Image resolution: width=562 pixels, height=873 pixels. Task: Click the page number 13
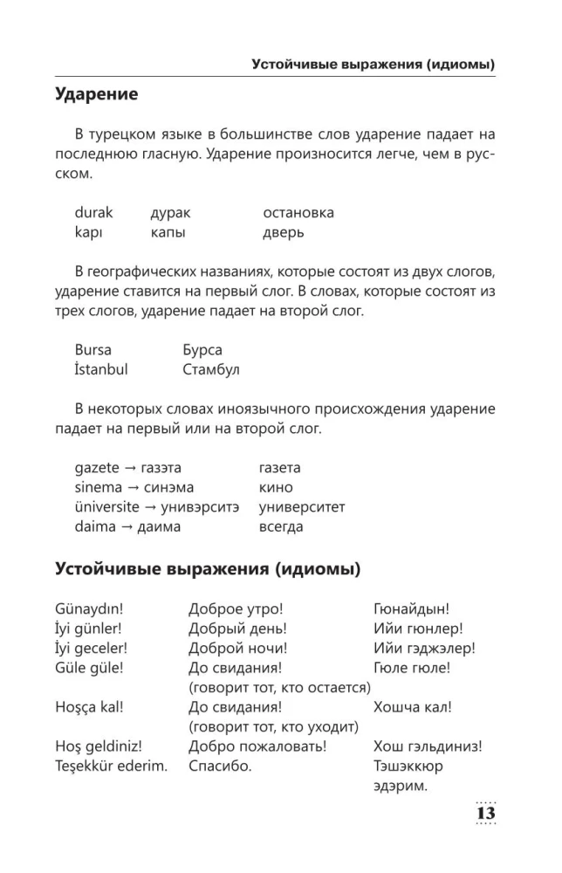(484, 812)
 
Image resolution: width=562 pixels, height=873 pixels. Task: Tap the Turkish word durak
(94, 212)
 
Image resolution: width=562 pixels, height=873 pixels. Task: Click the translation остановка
(298, 212)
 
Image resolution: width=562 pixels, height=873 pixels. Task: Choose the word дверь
(283, 232)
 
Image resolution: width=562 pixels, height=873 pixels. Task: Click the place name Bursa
(93, 349)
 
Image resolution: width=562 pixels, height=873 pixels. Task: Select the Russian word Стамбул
(211, 369)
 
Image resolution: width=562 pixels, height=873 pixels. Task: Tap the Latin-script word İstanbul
(101, 369)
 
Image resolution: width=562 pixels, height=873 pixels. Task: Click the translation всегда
(281, 526)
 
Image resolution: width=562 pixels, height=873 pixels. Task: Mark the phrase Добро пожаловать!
(257, 746)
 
